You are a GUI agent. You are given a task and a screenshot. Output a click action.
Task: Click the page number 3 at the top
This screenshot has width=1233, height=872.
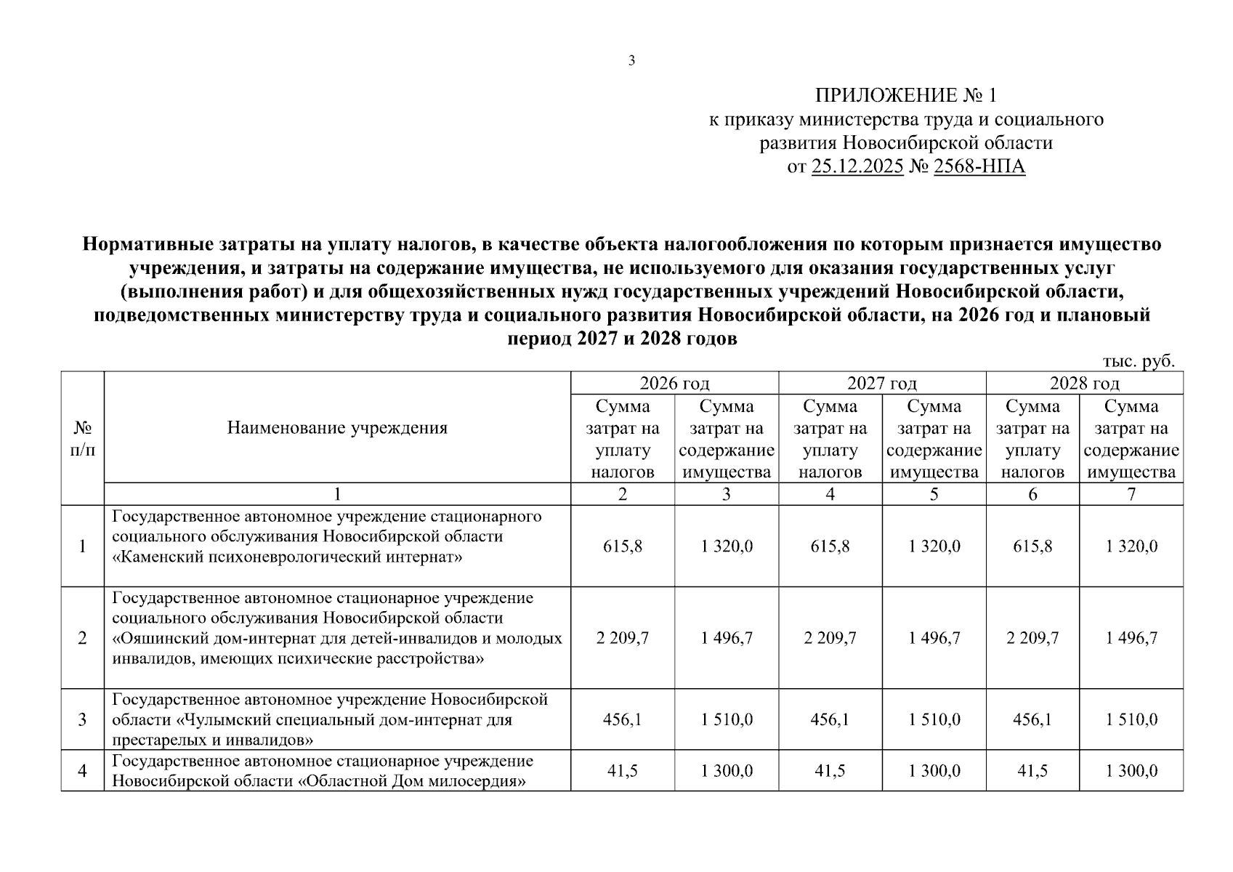(631, 61)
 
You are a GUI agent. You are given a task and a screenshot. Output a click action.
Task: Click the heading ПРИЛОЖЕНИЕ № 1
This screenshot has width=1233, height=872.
(906, 95)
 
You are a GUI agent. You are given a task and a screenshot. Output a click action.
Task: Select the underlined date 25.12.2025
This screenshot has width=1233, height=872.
(857, 167)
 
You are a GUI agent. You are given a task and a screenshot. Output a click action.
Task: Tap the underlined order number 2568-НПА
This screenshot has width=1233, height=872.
(979, 167)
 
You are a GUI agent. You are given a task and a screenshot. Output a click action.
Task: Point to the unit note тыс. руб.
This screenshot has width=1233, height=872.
(1139, 361)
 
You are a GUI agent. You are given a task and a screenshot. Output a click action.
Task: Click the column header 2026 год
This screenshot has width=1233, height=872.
(674, 383)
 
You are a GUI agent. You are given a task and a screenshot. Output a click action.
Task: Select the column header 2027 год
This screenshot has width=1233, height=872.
(881, 383)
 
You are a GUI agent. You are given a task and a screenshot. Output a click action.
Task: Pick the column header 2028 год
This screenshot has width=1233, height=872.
(1084, 383)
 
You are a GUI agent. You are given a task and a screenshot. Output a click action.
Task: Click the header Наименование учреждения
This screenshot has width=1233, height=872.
(337, 427)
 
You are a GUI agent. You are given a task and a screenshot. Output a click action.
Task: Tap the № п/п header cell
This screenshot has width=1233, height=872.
(83, 439)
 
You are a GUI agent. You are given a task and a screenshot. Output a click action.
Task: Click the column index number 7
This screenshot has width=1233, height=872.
(1131, 495)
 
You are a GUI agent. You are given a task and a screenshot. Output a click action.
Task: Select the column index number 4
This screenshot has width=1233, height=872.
(830, 495)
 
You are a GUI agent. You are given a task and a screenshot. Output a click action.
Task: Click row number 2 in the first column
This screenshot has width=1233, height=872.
(83, 638)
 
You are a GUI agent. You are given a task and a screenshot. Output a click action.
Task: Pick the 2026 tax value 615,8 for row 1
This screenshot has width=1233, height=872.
(623, 546)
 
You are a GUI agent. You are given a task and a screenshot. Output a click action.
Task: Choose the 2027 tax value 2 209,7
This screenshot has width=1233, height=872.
(830, 638)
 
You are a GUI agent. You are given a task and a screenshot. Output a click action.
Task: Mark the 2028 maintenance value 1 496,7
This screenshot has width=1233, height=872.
(1131, 638)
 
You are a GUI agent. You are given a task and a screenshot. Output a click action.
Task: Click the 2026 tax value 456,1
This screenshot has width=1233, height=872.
(623, 719)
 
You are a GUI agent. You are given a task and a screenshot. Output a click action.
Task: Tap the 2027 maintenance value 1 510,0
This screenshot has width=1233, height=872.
(934, 719)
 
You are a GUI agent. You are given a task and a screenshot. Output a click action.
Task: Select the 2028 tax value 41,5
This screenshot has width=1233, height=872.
(1032, 771)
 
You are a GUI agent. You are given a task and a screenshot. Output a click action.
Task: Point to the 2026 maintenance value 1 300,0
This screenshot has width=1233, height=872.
(727, 771)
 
